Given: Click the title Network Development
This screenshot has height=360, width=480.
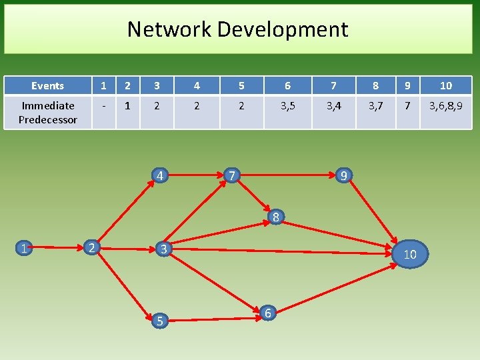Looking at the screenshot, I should (x=237, y=29).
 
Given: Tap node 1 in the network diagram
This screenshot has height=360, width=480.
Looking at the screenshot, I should (x=24, y=249).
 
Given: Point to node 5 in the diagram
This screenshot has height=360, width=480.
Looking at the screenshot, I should (x=159, y=321).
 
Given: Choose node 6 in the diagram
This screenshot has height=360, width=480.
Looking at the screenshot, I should (x=267, y=312).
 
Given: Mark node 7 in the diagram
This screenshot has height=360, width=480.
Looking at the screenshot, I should (x=231, y=176).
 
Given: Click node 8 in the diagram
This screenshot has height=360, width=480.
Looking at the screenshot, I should (x=275, y=217).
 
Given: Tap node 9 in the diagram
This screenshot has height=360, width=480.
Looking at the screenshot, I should (x=343, y=176).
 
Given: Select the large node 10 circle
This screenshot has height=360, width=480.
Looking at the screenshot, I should (x=410, y=254).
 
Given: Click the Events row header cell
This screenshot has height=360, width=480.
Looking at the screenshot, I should (x=47, y=85).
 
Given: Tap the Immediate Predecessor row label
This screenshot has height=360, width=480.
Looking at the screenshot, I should (x=47, y=112).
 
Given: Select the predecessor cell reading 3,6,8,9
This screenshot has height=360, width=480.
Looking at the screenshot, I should (x=446, y=105).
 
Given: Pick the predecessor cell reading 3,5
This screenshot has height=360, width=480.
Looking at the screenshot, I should (x=287, y=105).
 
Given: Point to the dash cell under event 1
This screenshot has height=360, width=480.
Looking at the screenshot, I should (x=103, y=105).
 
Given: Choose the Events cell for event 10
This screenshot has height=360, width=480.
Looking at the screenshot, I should (x=446, y=85).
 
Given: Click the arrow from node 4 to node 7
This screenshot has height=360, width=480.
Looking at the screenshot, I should (x=195, y=176).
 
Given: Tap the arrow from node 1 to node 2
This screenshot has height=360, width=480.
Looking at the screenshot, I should (x=59, y=248).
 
